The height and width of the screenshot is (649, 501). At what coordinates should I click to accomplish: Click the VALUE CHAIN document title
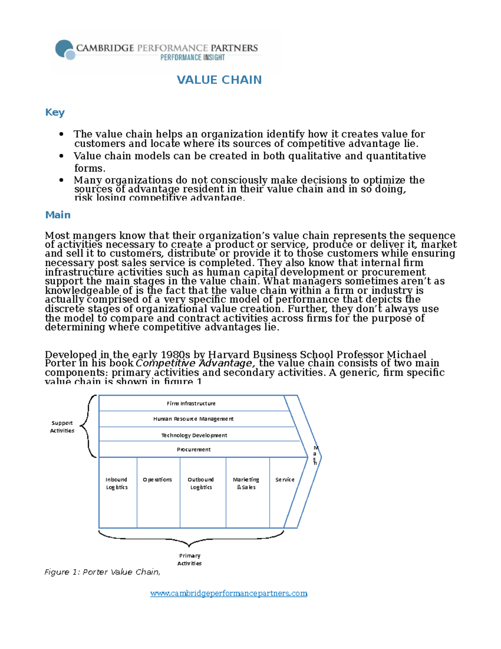[219, 80]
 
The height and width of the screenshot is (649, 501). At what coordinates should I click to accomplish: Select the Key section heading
[55, 112]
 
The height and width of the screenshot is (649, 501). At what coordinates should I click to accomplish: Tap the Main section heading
[58, 215]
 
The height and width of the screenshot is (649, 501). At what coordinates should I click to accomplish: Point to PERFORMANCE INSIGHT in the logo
[192, 58]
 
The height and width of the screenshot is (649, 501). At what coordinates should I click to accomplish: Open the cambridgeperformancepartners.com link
[229, 593]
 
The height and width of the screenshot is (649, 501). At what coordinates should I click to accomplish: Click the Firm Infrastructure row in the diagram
[191, 403]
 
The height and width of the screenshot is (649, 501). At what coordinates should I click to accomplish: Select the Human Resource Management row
[193, 419]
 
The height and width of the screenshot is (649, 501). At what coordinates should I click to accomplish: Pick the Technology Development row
[194, 435]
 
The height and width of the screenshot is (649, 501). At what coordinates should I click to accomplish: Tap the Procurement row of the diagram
[194, 450]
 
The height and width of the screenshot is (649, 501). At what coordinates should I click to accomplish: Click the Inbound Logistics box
[117, 484]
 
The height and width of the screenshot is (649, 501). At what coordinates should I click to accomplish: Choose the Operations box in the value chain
[157, 480]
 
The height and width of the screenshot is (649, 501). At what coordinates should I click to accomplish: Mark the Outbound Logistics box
[201, 484]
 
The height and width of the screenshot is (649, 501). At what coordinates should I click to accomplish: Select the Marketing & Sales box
[246, 484]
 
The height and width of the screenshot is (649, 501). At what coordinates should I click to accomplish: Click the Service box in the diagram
[285, 480]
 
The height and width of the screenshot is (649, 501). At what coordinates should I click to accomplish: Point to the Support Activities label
[62, 427]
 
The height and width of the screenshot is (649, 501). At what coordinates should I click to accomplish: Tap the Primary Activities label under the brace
[190, 560]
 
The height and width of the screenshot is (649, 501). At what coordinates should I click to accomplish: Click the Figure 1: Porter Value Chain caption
[102, 572]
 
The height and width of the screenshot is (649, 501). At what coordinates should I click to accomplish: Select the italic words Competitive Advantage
[195, 363]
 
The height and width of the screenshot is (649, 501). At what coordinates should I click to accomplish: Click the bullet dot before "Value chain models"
[61, 156]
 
